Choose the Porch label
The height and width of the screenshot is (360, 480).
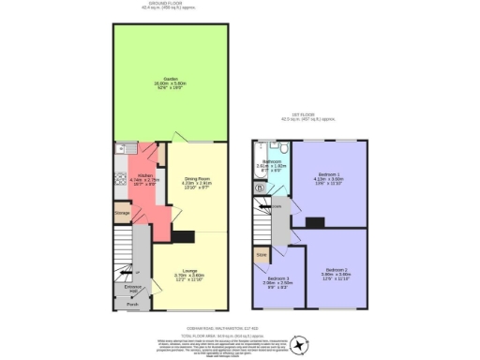pos(132,304)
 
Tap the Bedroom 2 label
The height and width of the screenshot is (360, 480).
pos(336,273)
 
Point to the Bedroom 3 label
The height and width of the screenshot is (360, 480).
pos(276,278)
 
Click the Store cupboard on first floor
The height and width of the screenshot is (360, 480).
pos(262,253)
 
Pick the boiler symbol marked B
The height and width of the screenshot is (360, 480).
pos(260,187)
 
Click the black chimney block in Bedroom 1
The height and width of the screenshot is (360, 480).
pos(314,222)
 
